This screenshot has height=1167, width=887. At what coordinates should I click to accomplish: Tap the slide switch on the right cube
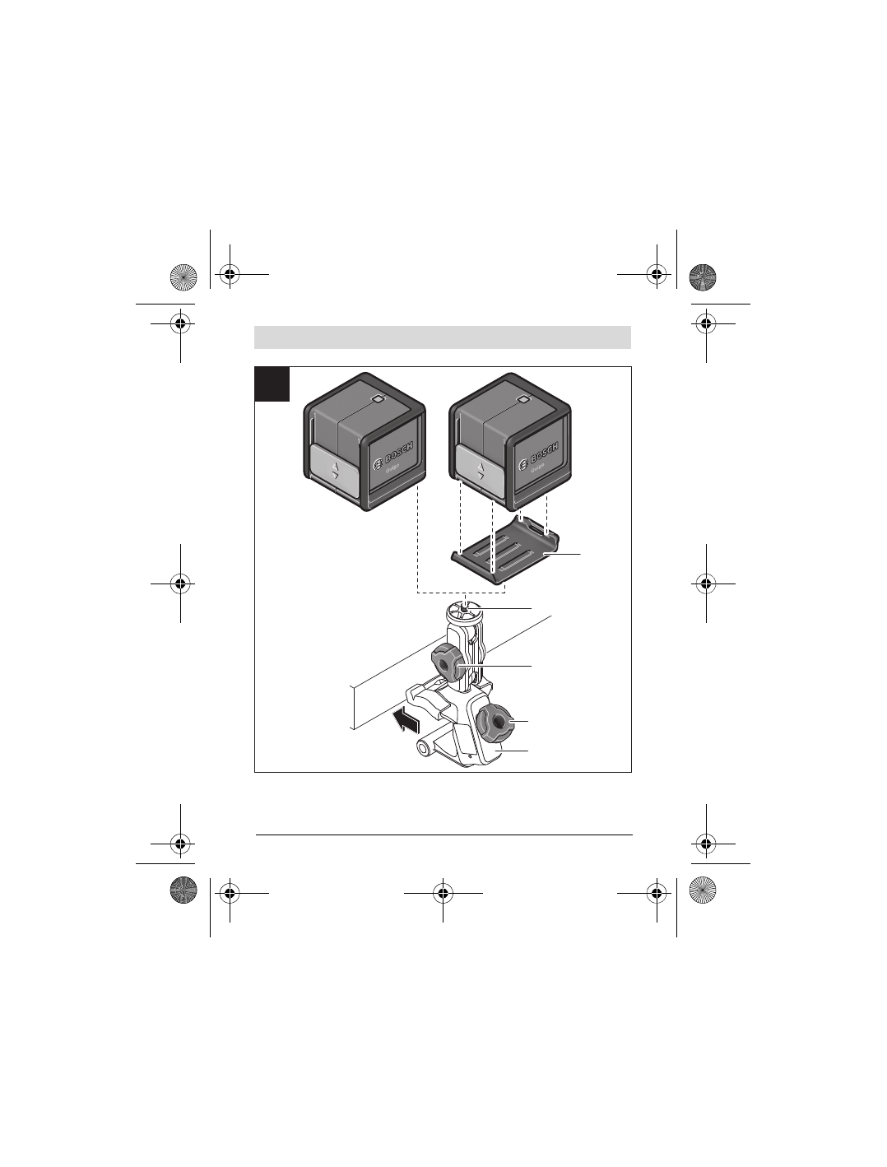(x=480, y=471)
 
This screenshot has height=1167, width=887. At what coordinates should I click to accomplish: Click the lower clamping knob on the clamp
(x=495, y=721)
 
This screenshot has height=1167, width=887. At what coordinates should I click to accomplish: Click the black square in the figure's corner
(x=272, y=384)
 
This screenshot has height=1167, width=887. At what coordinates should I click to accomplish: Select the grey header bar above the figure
(x=443, y=337)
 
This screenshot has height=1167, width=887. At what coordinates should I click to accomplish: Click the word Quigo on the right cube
(x=532, y=469)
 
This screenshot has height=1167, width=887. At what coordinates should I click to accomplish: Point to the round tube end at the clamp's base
(x=425, y=748)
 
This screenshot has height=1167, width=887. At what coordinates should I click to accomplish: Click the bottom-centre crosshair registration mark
(x=443, y=892)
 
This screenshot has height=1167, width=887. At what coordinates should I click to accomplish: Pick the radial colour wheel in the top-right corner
(x=703, y=276)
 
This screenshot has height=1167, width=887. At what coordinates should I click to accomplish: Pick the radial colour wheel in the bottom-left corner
(x=183, y=891)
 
